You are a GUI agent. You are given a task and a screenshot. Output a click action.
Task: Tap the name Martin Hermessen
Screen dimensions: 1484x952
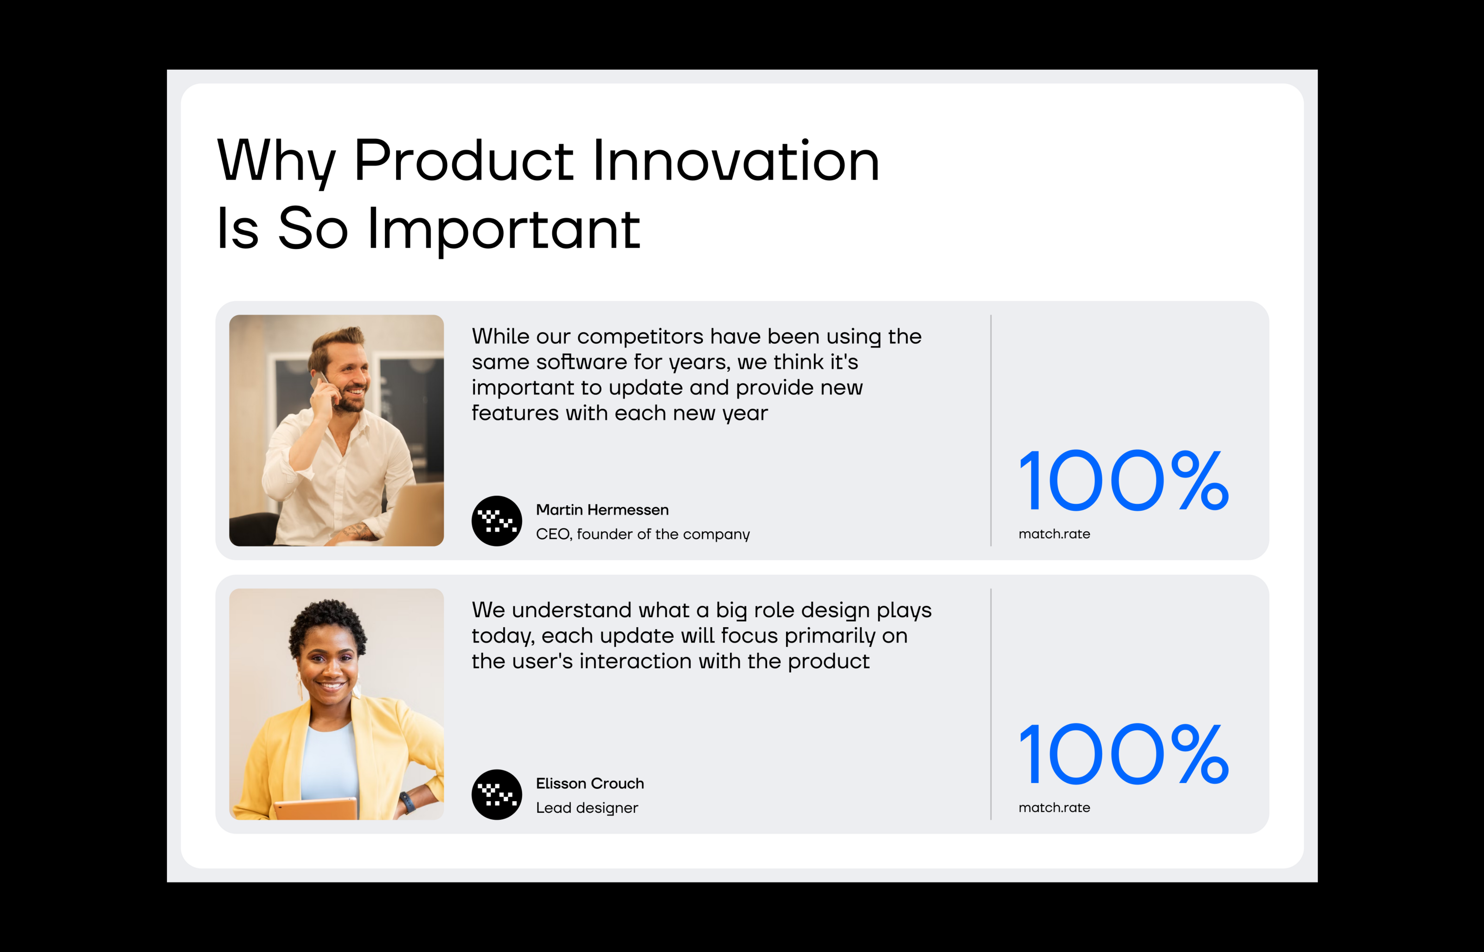602,509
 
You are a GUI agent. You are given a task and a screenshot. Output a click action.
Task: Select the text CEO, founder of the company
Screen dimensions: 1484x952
643,534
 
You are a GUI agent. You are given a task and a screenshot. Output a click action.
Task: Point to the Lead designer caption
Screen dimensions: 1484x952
587,808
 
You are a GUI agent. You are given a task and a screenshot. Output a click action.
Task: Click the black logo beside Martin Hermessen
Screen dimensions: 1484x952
497,521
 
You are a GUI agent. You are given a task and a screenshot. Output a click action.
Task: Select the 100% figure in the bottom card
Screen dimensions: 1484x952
1124,754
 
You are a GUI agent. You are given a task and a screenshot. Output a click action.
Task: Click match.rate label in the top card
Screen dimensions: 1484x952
1054,534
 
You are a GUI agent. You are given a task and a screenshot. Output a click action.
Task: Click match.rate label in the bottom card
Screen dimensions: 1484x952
1054,808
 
